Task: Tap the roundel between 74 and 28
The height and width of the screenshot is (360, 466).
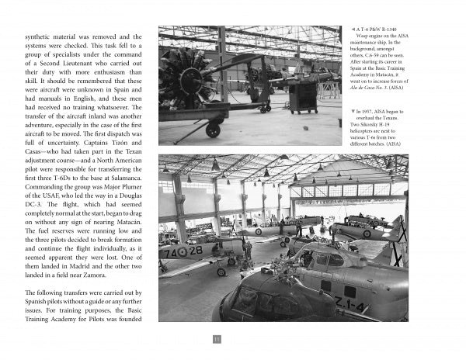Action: pos(181,251)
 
